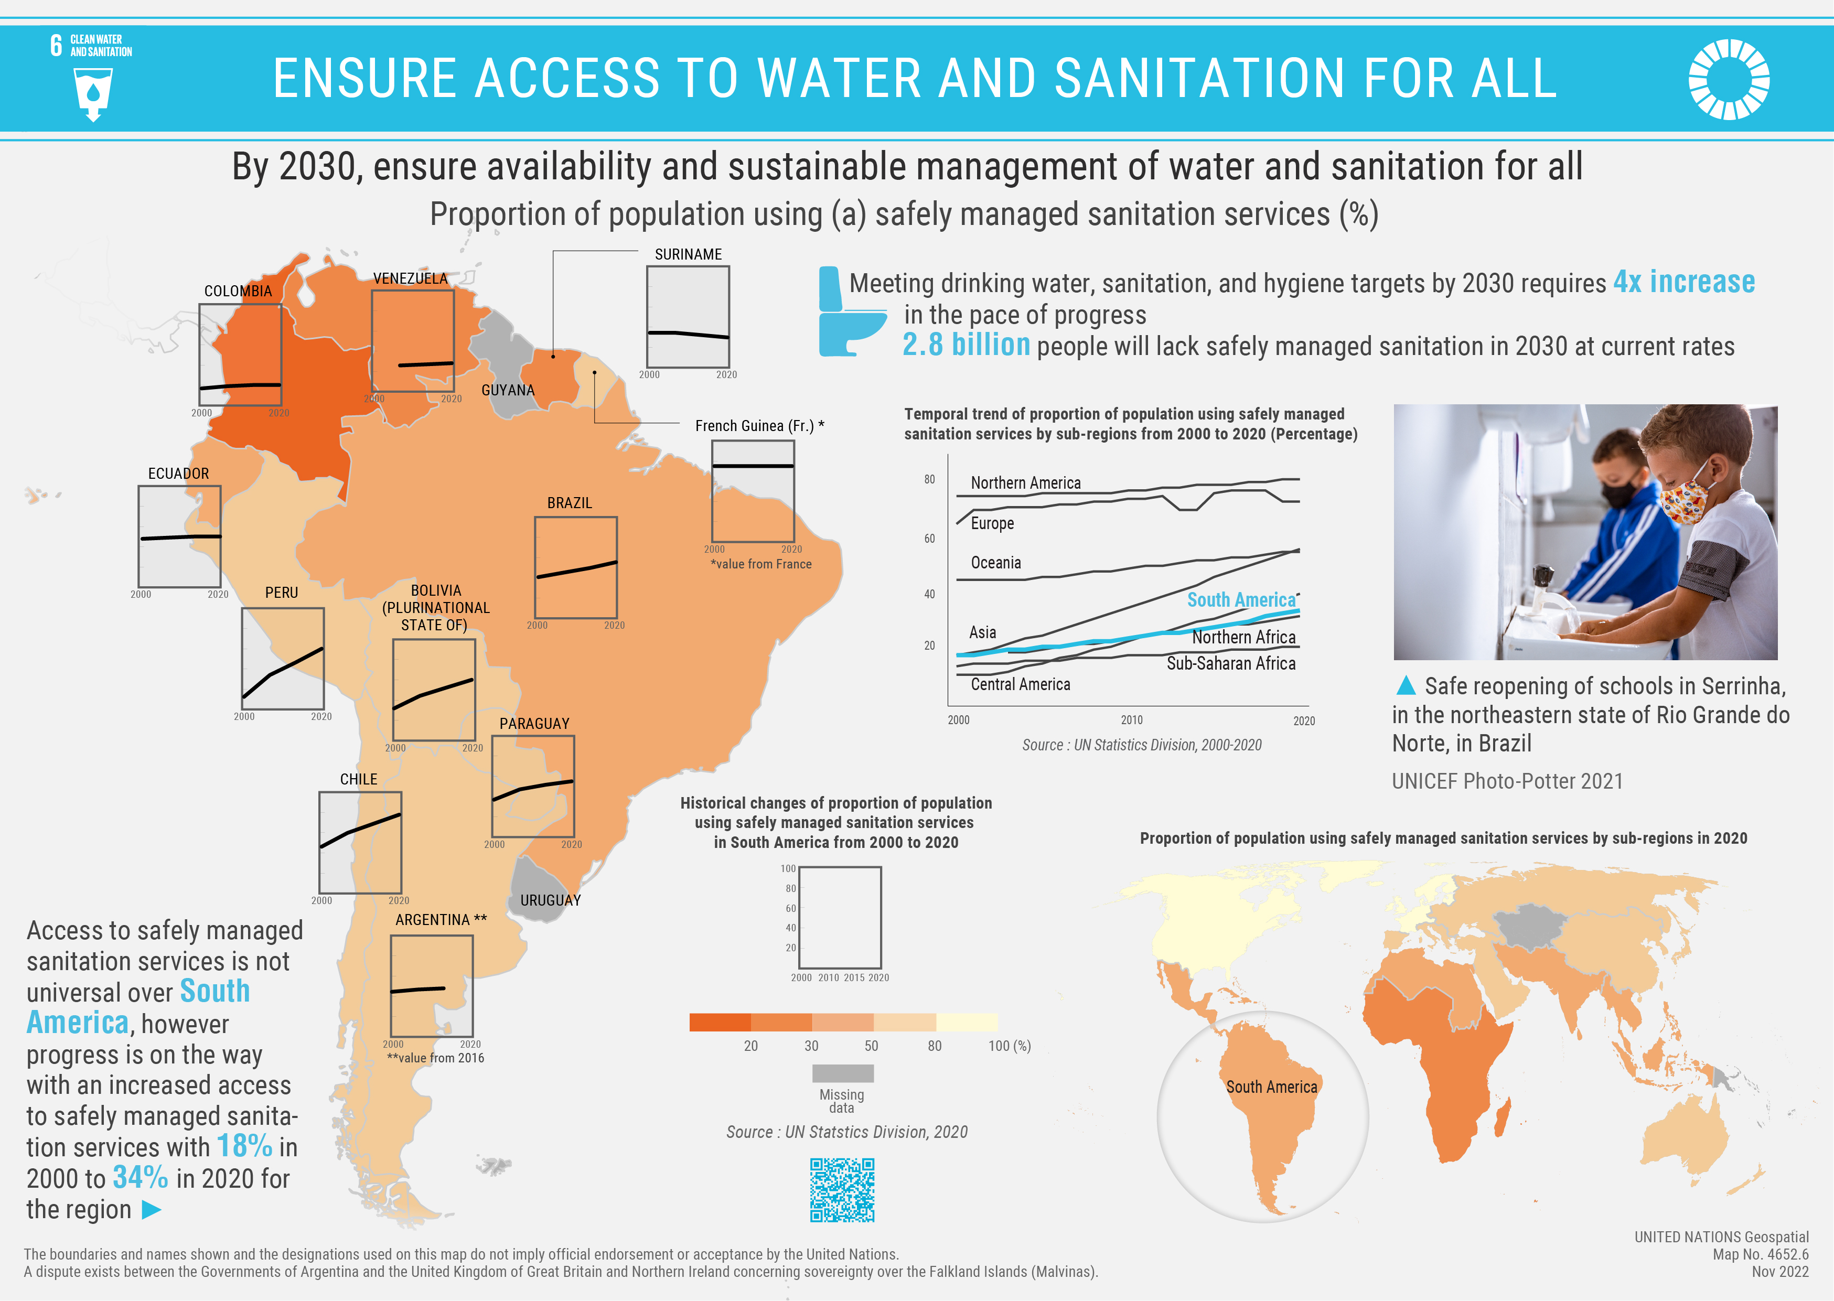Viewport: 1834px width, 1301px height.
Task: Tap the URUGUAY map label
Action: (551, 900)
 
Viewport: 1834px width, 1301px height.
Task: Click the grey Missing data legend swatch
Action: (842, 1073)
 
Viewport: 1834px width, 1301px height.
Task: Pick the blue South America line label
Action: (1240, 600)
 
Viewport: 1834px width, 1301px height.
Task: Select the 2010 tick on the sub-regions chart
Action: (1131, 720)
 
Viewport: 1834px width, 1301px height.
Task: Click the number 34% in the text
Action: (140, 1178)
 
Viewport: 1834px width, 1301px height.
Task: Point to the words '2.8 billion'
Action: (966, 345)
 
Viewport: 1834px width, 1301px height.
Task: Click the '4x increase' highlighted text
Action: (1683, 282)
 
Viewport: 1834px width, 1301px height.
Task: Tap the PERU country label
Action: (281, 593)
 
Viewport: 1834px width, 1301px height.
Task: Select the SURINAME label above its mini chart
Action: (688, 255)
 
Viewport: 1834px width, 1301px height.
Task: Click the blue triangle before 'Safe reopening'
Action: (1406, 686)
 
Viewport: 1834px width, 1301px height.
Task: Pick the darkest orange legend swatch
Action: (720, 1022)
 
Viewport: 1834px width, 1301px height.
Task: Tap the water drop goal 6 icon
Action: (93, 94)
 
